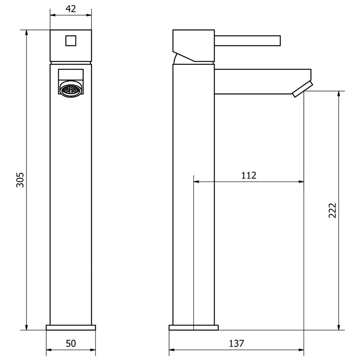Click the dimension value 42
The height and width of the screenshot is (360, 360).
tap(71, 9)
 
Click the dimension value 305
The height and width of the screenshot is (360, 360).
tap(21, 180)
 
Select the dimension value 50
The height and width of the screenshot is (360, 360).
tap(71, 343)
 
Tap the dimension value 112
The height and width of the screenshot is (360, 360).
tap(249, 175)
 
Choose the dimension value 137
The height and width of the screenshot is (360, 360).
tap(237, 343)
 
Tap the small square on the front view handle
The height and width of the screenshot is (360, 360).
tap(71, 40)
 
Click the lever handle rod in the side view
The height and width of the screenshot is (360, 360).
tap(247, 41)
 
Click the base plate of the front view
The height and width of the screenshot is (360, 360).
tap(71, 327)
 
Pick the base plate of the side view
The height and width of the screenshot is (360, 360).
tap(194, 327)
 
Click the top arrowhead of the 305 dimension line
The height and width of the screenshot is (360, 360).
tap(26, 32)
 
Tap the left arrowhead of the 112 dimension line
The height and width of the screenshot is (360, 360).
tap(197, 182)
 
